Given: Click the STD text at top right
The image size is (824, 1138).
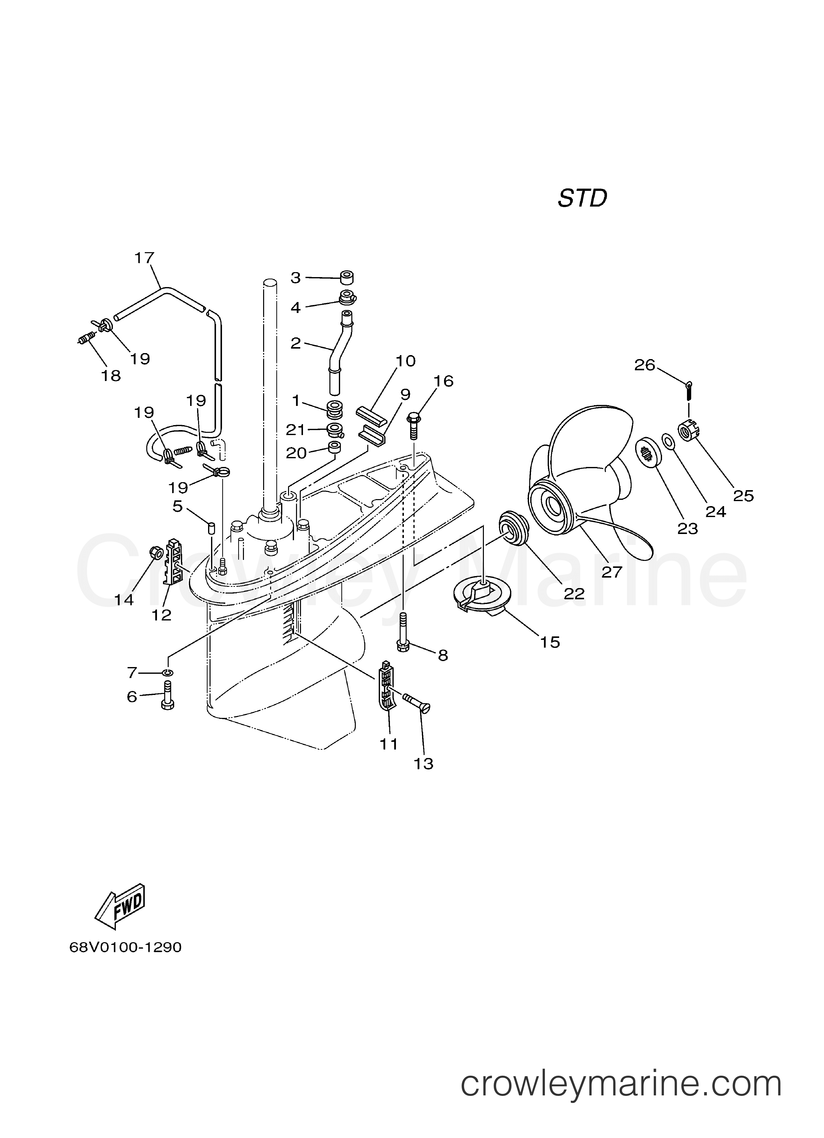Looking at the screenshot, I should click(582, 199).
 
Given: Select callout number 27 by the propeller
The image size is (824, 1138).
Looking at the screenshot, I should click(612, 572).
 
